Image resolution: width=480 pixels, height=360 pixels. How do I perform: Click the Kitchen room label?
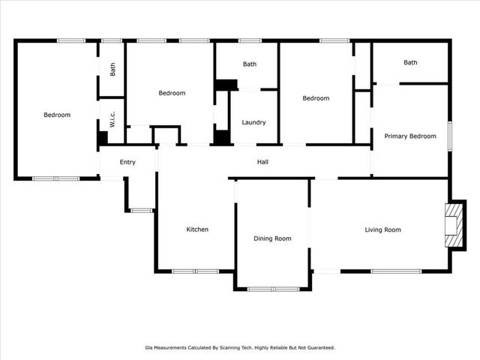pos(197,229)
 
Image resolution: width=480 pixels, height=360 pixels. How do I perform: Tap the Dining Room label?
pos(272,238)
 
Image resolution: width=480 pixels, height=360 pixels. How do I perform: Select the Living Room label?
pos(382,230)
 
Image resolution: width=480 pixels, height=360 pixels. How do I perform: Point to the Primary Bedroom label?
pos(410,136)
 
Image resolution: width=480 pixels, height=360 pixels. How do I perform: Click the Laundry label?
pos(253,122)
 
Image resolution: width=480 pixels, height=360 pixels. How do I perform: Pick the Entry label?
pos(127,162)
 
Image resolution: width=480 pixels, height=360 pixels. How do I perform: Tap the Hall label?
pos(262,162)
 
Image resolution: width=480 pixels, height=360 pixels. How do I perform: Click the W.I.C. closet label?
pos(112,119)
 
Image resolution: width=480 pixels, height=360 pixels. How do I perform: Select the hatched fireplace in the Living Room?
pos(454,226)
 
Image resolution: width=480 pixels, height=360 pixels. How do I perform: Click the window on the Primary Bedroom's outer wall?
pos(450,136)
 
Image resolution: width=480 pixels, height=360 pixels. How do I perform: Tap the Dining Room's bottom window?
pos(273,289)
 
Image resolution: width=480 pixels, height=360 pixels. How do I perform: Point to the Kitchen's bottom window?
pos(195,271)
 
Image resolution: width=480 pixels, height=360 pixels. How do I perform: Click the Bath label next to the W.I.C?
pos(112,70)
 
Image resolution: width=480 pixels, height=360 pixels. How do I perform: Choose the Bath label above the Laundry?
pos(250,64)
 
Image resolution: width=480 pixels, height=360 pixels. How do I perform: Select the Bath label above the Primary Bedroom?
pos(410,62)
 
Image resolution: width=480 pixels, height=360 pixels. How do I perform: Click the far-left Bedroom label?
pos(57,115)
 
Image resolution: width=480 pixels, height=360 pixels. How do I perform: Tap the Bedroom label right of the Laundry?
pos(316,98)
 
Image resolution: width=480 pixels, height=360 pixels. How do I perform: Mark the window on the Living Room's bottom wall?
pos(396,271)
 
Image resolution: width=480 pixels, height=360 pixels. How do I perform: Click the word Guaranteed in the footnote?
pos(322,348)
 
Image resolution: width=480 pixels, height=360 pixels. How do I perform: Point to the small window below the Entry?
pos(142,211)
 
